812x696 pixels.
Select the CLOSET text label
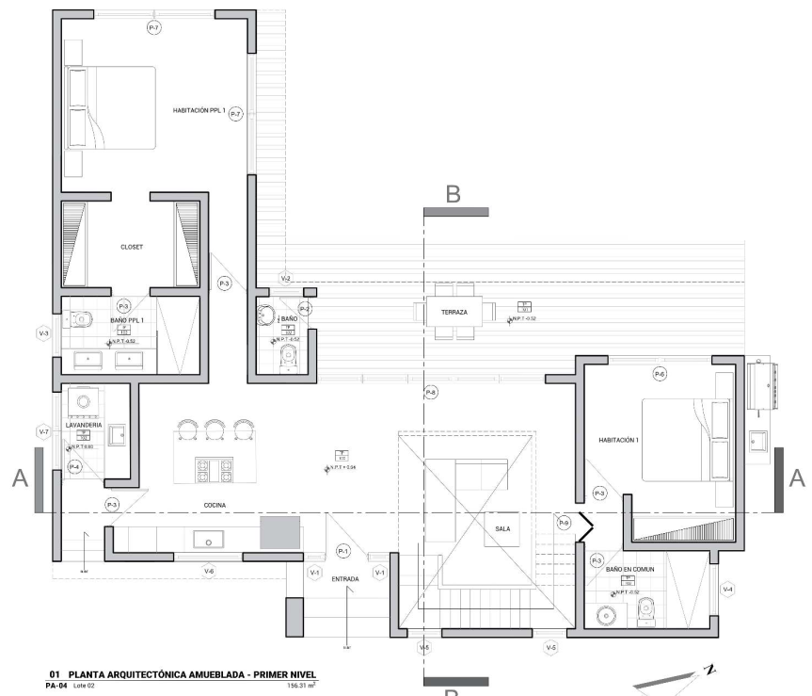point(132,247)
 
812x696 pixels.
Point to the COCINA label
point(216,505)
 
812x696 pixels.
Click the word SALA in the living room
point(502,529)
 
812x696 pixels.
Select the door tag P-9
point(564,522)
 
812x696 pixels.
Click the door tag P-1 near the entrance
point(342,551)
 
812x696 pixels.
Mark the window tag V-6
point(209,571)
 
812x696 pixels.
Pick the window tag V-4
point(727,590)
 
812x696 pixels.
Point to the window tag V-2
point(286,279)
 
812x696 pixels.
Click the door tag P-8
point(431,391)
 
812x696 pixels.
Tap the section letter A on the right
point(796,479)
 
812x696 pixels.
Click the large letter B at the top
point(454,194)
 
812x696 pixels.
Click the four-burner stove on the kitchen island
point(213,467)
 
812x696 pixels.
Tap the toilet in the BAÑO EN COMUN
point(646,613)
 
